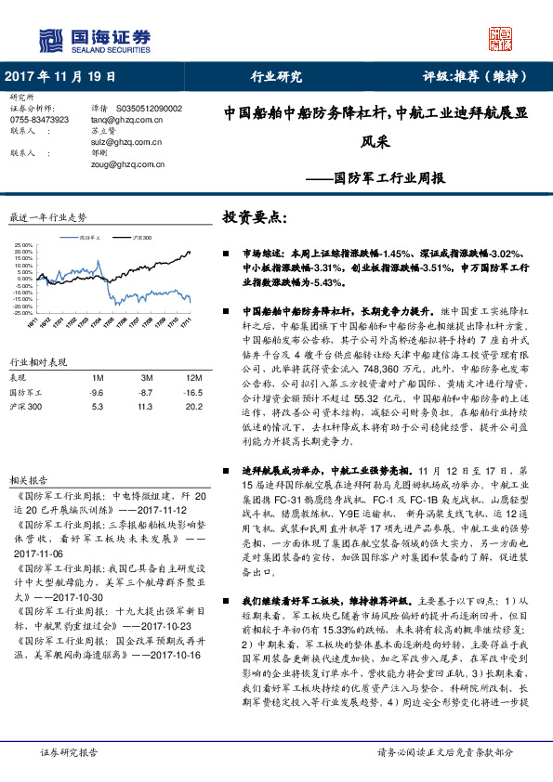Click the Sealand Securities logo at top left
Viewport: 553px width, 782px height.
coord(93,40)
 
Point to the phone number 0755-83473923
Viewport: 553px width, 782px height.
coord(38,120)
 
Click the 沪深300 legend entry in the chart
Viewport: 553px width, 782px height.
coord(141,239)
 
